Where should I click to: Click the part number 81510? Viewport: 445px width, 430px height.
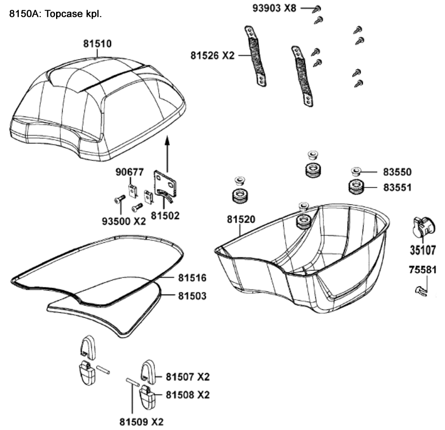pyautogui.click(x=97, y=44)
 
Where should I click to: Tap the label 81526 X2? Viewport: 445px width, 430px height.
pyautogui.click(x=211, y=56)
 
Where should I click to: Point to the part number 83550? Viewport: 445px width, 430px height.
pyautogui.click(x=397, y=172)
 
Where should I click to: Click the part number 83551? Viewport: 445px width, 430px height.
pyautogui.click(x=397, y=188)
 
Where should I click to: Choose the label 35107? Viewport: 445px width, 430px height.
pyautogui.click(x=422, y=250)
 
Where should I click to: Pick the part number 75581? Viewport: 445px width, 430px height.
pyautogui.click(x=422, y=270)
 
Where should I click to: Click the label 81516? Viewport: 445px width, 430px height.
pyautogui.click(x=192, y=278)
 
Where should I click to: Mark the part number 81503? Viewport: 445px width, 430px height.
pyautogui.click(x=192, y=295)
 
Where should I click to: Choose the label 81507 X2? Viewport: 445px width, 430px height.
pyautogui.click(x=187, y=377)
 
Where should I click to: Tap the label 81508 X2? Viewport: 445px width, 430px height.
pyautogui.click(x=187, y=395)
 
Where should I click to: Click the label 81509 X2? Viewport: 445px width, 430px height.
pyautogui.click(x=138, y=421)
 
